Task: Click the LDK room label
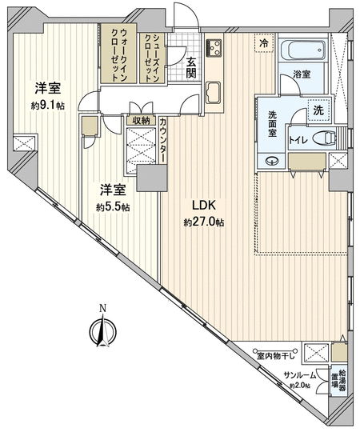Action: pos(203,206)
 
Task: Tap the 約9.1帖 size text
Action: pos(48,106)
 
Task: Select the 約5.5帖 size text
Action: pos(113,207)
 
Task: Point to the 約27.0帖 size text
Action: pos(203,222)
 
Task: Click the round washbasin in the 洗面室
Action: pos(271,160)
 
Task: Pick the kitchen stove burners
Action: pos(214,48)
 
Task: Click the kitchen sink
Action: pos(214,93)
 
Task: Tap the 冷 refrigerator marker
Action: pos(264,43)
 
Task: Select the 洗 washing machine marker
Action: pos(318,110)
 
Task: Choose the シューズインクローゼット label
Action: pos(152,58)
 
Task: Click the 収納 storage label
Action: pos(141,121)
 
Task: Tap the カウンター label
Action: pos(163,141)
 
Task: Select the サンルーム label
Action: pos(300,374)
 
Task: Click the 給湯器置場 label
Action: pos(338,381)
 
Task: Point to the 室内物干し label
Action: pos(276,356)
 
